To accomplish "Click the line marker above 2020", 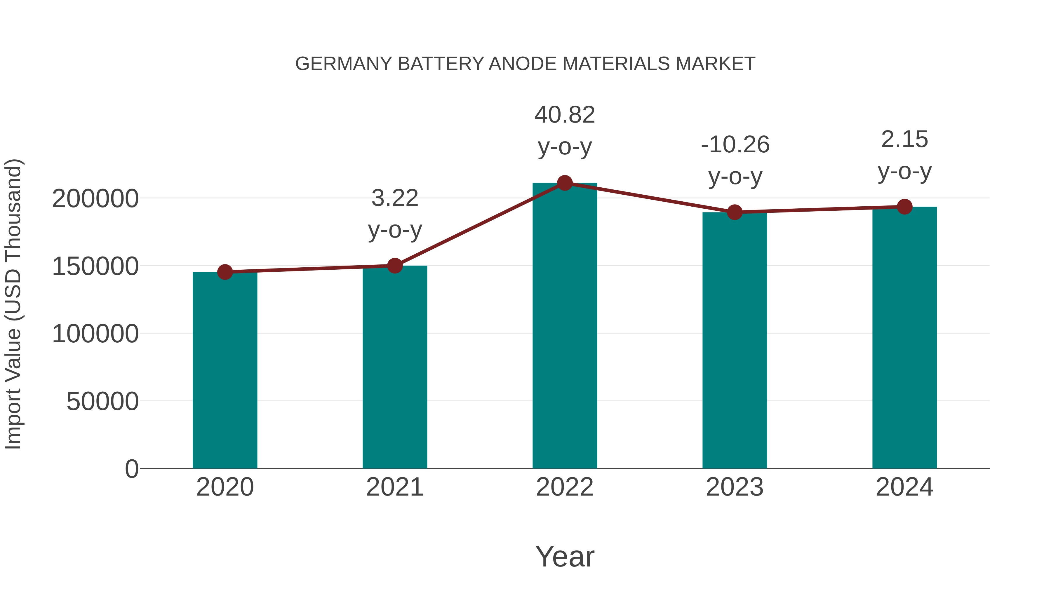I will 225,272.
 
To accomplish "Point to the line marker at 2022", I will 565,183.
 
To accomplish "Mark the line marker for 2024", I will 904,207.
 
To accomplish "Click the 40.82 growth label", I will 565,115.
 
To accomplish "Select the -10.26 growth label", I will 735,145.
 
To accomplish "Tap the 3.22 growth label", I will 394,199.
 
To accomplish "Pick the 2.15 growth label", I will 904,140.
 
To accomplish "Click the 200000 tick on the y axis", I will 95,199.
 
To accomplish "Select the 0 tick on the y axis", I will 131,469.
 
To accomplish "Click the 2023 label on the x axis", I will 735,487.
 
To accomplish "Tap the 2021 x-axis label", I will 394,487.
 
